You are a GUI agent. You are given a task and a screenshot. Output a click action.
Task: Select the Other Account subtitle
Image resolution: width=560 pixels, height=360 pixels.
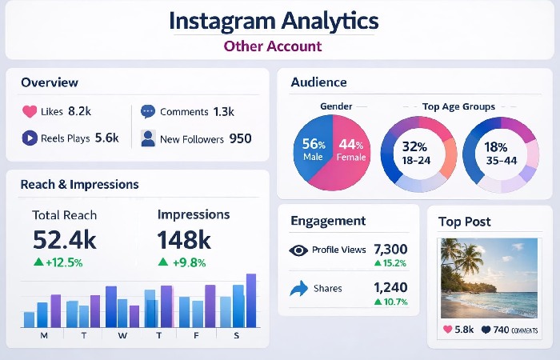point(272,46)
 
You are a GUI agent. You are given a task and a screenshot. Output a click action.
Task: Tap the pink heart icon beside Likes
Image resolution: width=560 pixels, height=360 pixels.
point(29,112)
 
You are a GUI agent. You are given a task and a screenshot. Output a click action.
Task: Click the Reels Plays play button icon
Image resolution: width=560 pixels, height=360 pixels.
point(29,138)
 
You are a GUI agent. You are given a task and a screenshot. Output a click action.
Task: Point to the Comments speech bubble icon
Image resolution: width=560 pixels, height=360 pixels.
point(147,112)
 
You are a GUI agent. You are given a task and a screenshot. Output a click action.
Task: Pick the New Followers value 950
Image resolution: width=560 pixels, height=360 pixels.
point(240,138)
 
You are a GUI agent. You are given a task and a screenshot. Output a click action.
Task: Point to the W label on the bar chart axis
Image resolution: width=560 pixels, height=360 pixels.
point(122,335)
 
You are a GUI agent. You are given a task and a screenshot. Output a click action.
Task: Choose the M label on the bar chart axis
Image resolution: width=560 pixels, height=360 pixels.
point(43,335)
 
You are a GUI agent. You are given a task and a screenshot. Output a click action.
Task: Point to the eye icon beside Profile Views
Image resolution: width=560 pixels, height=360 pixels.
point(298,250)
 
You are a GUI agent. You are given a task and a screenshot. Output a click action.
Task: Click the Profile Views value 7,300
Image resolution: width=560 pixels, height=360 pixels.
point(390,249)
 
